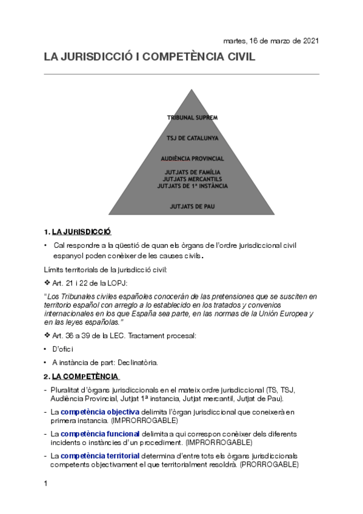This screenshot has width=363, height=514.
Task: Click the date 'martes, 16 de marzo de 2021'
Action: [271, 41]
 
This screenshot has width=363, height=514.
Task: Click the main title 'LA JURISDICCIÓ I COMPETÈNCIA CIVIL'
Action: [150, 58]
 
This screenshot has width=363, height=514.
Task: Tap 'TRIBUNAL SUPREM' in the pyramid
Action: [192, 117]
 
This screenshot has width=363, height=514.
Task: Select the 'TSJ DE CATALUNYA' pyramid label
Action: [192, 138]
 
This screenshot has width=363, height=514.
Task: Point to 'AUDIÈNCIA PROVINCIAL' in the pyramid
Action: [192, 158]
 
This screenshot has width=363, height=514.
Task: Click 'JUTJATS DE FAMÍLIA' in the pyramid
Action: [192, 173]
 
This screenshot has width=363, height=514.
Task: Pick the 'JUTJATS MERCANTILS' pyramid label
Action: [192, 179]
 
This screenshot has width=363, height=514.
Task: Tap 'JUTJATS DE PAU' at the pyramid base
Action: [192, 207]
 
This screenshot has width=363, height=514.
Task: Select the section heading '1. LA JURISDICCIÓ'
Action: [78, 232]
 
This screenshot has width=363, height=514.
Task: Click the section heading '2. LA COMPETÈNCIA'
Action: [81, 376]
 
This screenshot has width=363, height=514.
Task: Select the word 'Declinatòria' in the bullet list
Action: [137, 362]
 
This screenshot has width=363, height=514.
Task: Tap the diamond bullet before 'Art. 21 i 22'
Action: [48, 282]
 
